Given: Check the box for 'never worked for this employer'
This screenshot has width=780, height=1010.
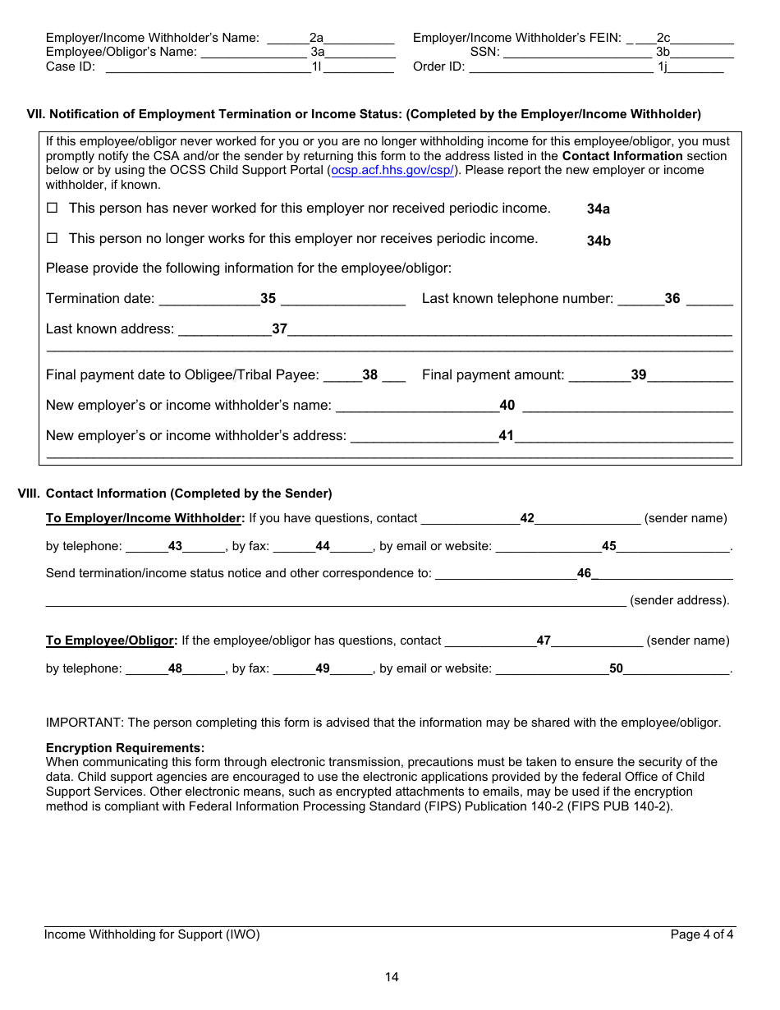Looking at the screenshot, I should click(x=52, y=209).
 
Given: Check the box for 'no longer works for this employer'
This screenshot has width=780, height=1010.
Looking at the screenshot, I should click(x=52, y=239).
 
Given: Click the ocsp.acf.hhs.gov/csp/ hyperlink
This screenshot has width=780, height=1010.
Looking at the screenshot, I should click(x=392, y=170).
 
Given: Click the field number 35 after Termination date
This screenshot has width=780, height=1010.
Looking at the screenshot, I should click(x=268, y=299).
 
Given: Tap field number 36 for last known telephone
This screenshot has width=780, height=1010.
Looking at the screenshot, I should click(x=672, y=299).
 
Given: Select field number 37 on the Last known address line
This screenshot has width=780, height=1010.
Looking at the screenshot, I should click(x=280, y=328).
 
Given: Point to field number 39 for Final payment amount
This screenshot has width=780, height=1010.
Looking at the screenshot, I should click(x=639, y=374).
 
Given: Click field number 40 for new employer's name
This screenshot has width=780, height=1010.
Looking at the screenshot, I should click(x=507, y=405).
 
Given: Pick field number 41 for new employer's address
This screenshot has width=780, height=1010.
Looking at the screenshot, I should click(x=506, y=435).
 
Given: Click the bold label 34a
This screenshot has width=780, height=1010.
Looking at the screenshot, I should click(x=599, y=209).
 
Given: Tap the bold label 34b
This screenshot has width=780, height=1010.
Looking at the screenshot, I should click(x=599, y=241).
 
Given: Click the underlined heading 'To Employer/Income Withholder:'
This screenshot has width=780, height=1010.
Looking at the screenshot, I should click(x=145, y=518).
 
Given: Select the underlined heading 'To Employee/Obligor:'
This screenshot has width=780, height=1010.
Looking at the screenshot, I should click(x=112, y=640).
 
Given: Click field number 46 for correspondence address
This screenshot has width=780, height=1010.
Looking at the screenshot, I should click(x=584, y=573).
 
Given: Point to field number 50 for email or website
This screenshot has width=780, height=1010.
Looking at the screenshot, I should click(x=616, y=668).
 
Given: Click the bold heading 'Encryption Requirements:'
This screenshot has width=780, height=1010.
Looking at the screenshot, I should click(x=125, y=748).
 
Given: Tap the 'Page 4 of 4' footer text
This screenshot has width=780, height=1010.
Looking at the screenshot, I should click(x=702, y=934).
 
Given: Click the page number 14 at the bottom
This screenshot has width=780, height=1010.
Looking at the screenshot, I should click(x=392, y=977).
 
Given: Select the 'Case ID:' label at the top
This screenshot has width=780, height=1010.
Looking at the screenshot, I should click(x=71, y=67).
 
